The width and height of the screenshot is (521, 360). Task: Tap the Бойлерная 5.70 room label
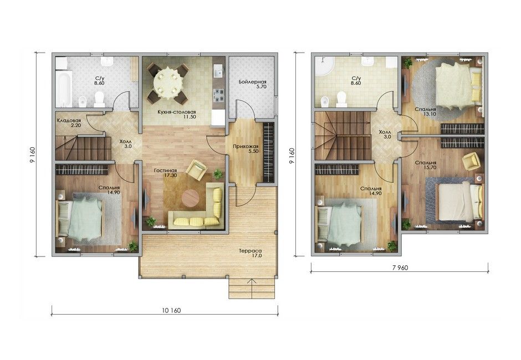253,84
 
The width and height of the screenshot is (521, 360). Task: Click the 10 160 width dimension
171,311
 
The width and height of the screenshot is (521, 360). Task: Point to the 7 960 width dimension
400,268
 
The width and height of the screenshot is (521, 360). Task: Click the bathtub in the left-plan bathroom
64,89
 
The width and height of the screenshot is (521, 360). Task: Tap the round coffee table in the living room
190,198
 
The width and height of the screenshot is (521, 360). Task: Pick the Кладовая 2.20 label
69,122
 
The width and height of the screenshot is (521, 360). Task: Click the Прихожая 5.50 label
246,148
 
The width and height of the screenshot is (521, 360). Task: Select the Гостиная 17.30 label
165,173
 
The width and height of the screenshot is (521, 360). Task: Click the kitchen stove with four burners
218,95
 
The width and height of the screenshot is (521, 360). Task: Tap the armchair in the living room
197,169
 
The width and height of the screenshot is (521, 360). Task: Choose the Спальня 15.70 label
426,165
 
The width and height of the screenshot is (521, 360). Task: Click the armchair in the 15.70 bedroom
472,161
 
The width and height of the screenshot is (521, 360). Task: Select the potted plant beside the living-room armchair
218,173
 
